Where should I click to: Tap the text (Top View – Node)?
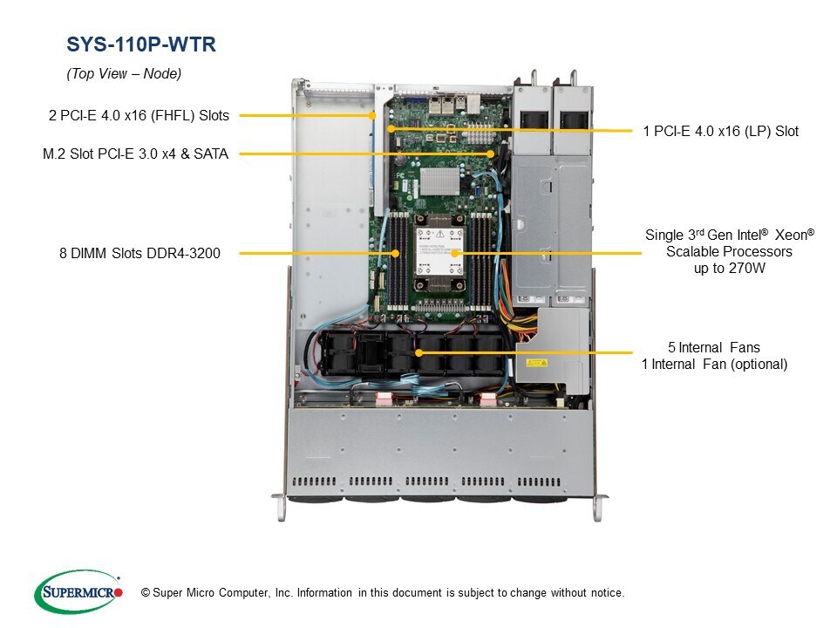(x=124, y=74)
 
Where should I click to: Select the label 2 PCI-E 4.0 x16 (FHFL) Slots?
(x=139, y=114)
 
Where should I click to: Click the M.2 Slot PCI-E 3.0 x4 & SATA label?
(x=135, y=154)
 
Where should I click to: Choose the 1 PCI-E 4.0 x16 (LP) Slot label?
(x=721, y=131)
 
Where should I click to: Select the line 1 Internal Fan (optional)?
(x=714, y=364)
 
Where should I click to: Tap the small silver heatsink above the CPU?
(x=439, y=182)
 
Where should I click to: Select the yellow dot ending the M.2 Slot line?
(x=493, y=154)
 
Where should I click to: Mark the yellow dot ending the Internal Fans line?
(x=419, y=353)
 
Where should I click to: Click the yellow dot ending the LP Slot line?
(x=391, y=128)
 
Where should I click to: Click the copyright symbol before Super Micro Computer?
(x=145, y=593)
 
